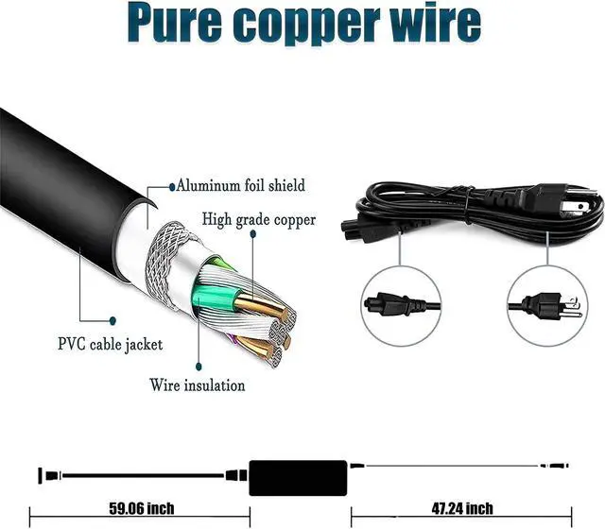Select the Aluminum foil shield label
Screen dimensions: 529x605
click(240, 185)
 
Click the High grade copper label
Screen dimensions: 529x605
click(259, 220)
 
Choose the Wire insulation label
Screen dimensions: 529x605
click(198, 384)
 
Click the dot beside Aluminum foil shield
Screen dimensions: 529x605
click(171, 186)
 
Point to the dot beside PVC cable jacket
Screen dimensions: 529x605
click(112, 320)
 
